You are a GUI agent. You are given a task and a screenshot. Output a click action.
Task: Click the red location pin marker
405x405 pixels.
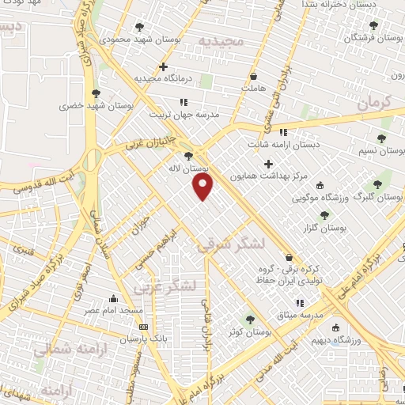pyautogui.click(x=204, y=187)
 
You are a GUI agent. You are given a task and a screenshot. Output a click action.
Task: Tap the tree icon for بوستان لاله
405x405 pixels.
pyautogui.click(x=187, y=157)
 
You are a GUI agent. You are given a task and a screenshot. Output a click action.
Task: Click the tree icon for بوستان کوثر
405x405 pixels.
pyautogui.click(x=251, y=320)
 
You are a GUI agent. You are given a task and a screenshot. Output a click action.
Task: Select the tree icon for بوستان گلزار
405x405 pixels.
pyautogui.click(x=324, y=214)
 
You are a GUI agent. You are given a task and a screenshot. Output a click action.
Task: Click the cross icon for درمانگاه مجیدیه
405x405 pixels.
pyautogui.click(x=163, y=66)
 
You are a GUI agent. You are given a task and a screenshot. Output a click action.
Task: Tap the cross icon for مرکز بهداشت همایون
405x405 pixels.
pyautogui.click(x=269, y=165)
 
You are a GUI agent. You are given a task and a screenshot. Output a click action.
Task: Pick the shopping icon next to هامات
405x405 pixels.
pyautogui.click(x=253, y=77)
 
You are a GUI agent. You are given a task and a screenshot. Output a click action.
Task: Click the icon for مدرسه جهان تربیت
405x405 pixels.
pyautogui.click(x=183, y=102)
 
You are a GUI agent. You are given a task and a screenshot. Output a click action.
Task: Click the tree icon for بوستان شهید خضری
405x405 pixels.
pyautogui.click(x=97, y=93)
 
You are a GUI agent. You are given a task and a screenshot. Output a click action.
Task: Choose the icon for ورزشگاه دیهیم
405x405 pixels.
pyautogui.click(x=335, y=327)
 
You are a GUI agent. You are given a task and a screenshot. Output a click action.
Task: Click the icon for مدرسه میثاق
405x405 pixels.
pyautogui.click(x=298, y=303)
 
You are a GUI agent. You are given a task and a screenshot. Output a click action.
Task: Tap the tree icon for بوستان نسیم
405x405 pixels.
pyautogui.click(x=382, y=139)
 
